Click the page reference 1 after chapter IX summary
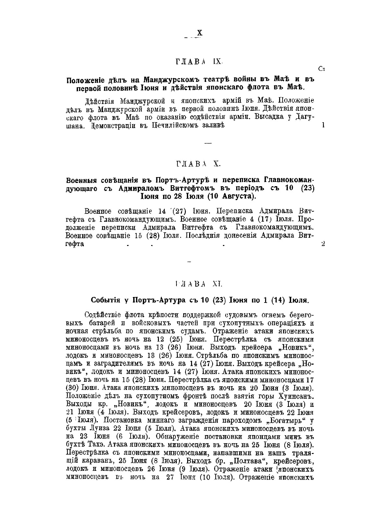[323, 125]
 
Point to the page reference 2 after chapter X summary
[323, 244]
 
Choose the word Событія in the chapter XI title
[104, 300]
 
